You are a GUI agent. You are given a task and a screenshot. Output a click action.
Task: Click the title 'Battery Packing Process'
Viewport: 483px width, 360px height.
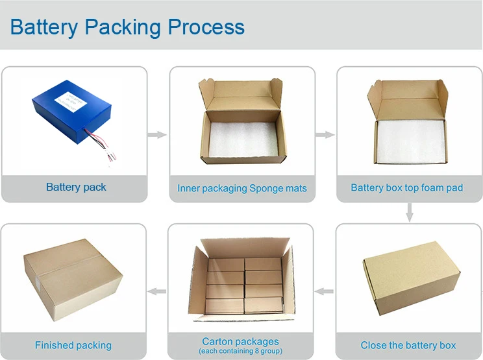pos(127,27)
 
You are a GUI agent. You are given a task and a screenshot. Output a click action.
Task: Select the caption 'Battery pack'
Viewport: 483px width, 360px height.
pos(76,187)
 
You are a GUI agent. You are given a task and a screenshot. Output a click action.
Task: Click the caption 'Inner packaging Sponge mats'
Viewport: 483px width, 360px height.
pos(242,189)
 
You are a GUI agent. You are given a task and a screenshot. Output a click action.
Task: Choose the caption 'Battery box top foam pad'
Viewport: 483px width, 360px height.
pos(406,187)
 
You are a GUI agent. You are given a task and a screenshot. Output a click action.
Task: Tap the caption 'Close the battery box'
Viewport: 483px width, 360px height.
pos(408,345)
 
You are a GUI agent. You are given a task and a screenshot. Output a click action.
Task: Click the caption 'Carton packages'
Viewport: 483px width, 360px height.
pos(240,341)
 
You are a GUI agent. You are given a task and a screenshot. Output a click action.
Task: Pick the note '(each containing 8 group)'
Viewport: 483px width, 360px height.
pos(240,352)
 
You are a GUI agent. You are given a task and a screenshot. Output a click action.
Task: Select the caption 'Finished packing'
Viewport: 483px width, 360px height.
pos(73,345)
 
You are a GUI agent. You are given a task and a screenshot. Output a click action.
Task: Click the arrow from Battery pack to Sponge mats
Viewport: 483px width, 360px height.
pos(157,135)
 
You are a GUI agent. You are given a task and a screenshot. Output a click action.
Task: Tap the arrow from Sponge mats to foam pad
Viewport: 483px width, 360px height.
pos(325,135)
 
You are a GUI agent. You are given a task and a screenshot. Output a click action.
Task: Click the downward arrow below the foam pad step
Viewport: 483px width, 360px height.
pos(409,212)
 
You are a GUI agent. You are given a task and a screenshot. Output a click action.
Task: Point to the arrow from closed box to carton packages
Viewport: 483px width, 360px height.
pos(324,291)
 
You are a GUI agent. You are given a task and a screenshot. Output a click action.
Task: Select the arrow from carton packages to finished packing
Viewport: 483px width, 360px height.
pos(157,291)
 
